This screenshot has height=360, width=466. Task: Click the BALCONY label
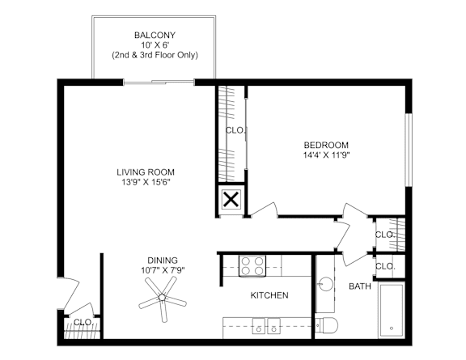[x=155, y=35]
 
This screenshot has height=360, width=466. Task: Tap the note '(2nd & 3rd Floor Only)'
[x=155, y=55]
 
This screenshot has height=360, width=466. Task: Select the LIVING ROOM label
[x=146, y=172]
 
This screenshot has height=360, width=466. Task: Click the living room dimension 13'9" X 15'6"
[x=146, y=182]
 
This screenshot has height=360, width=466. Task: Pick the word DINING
[x=163, y=260]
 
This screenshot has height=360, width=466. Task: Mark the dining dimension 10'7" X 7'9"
[x=163, y=270]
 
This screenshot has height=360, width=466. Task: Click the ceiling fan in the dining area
[x=163, y=297]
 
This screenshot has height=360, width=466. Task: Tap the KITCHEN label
[x=269, y=295]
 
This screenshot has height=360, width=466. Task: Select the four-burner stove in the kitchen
[x=252, y=265]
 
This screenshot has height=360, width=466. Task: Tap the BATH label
[x=359, y=286]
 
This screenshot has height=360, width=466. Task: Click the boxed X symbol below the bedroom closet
[x=231, y=200]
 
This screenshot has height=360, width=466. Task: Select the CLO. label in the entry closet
[x=83, y=322]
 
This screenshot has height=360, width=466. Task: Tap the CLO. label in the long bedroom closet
[x=235, y=129]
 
